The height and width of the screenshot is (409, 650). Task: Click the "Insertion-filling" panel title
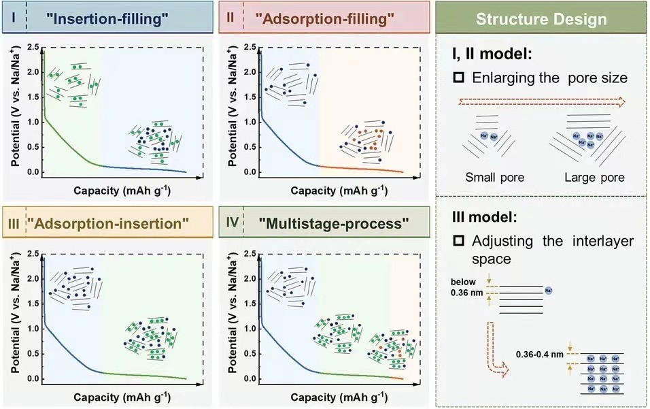tap(107, 18)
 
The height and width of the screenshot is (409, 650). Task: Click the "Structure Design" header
tap(541, 18)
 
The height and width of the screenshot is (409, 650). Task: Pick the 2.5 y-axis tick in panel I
tap(31, 47)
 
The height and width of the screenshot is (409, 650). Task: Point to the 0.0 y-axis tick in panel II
tap(249, 172)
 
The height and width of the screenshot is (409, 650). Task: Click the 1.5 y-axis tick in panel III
tap(31, 304)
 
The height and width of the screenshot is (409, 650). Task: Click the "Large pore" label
tap(594, 178)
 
